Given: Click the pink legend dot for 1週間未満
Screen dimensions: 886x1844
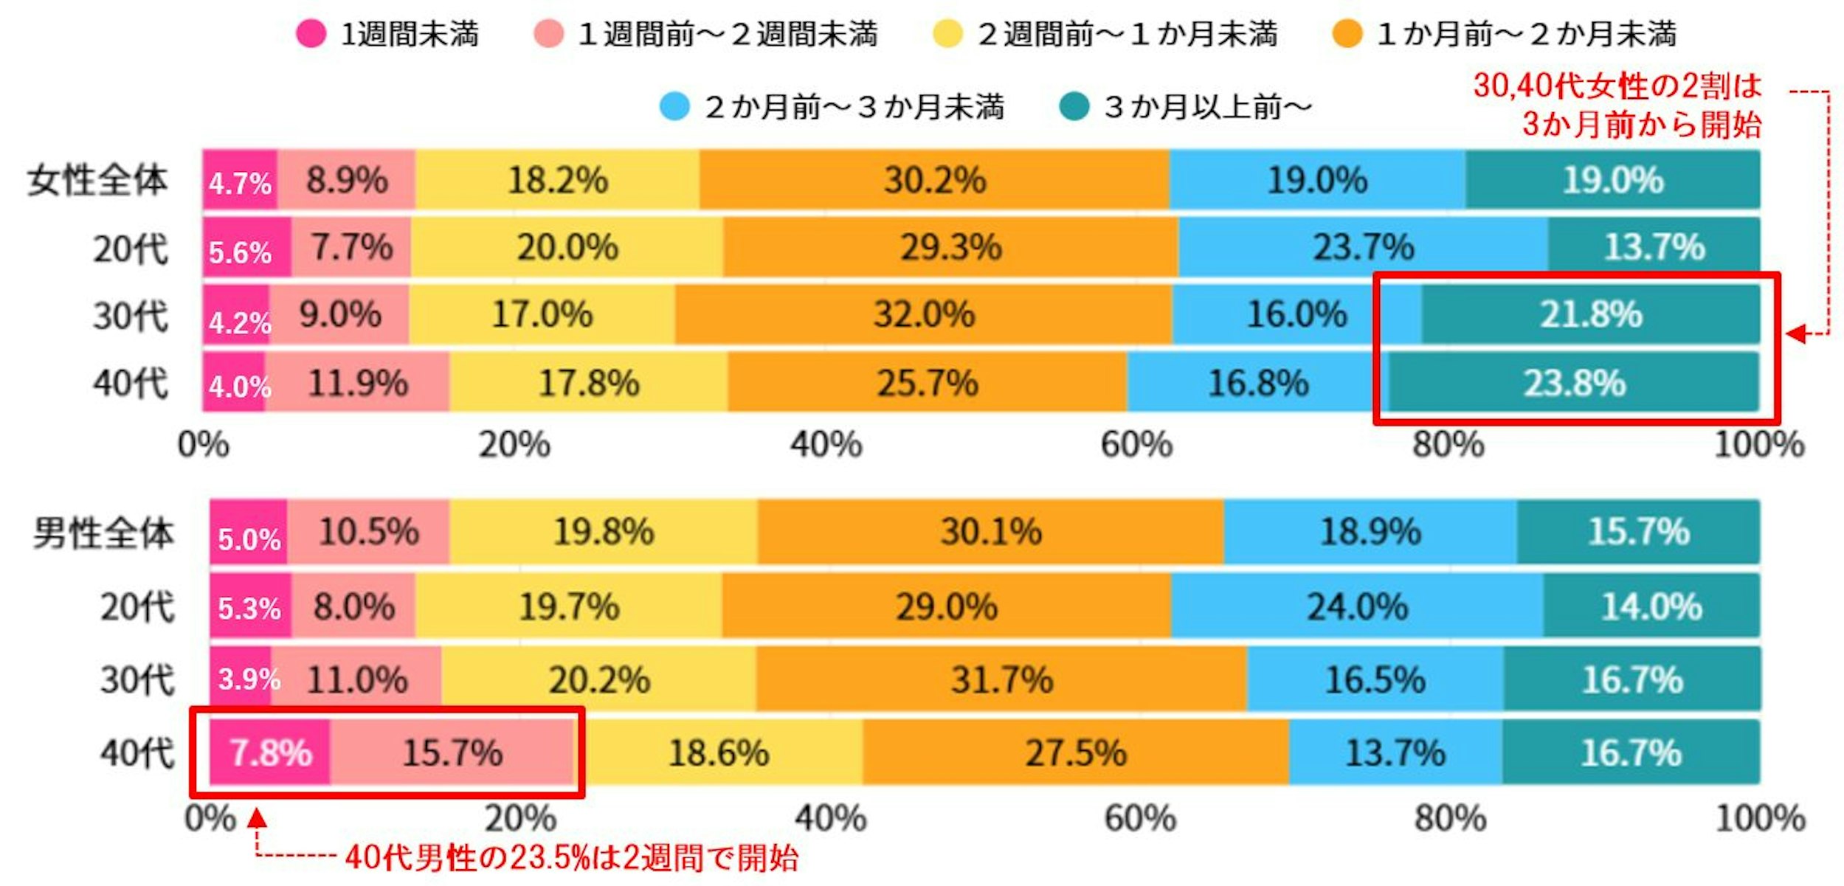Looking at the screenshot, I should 311,34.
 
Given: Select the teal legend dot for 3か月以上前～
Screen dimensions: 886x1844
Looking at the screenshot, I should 1074,107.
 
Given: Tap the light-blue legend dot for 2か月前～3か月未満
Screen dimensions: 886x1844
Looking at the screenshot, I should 674,107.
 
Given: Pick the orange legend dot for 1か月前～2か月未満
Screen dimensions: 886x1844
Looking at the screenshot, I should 1347,34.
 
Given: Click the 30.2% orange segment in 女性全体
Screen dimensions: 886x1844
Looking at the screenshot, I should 934,180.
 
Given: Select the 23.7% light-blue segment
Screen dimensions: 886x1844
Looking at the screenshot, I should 1363,247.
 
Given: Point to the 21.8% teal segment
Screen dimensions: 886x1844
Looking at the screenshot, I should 1591,315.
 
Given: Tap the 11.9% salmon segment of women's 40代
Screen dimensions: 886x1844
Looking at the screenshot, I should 357,383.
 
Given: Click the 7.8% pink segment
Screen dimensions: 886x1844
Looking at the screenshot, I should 270,753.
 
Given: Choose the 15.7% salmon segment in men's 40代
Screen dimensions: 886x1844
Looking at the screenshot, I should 452,753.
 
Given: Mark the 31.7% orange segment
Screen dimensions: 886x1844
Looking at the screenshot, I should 1001,679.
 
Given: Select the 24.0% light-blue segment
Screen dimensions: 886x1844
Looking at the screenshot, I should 1357,606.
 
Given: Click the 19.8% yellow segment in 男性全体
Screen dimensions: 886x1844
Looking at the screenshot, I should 603,532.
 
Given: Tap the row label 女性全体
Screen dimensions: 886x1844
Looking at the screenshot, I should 97,181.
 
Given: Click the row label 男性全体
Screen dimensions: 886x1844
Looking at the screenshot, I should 103,533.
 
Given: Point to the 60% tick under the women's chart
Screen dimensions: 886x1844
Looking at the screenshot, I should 1136,445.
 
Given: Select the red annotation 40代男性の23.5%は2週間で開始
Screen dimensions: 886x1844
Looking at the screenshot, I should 571,858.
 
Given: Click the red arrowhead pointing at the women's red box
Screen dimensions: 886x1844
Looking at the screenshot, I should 1796,334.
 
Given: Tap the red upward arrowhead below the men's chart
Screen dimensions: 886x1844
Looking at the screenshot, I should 257,819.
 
